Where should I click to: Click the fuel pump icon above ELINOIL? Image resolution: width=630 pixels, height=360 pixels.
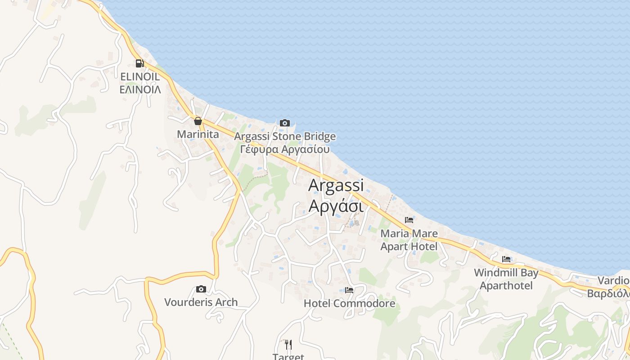coord(140,63)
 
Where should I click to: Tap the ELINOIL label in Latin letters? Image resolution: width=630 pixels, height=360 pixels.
coord(140,77)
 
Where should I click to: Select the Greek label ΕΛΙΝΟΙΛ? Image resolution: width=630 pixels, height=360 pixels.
coord(140,90)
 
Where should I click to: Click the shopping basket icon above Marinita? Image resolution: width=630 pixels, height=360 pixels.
coord(198,121)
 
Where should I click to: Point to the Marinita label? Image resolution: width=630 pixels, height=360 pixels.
coord(198,134)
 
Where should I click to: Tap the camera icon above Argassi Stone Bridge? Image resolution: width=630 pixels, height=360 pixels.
coord(284,123)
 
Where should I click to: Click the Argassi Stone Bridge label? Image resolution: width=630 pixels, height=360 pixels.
coord(285,136)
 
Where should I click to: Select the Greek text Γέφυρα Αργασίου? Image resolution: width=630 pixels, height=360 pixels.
coord(285,149)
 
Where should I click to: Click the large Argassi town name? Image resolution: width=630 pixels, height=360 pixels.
coord(336,185)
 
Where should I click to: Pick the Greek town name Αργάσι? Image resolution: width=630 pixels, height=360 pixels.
coord(336,206)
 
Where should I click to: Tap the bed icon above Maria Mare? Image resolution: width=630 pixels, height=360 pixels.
coord(409,220)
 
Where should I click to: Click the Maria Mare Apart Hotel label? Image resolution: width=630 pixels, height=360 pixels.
coord(409,240)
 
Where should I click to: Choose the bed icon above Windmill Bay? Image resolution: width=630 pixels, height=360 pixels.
coord(506,259)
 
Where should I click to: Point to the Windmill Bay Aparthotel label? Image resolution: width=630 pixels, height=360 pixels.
coord(506,279)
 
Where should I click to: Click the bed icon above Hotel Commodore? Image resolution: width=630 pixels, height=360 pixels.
coord(349,290)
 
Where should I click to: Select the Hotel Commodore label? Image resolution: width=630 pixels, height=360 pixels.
coord(349,303)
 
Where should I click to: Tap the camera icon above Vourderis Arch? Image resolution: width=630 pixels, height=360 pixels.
coord(201,289)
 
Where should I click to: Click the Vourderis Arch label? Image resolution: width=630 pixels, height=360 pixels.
coord(201,302)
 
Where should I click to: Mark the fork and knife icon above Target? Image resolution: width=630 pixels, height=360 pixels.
coord(288,345)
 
